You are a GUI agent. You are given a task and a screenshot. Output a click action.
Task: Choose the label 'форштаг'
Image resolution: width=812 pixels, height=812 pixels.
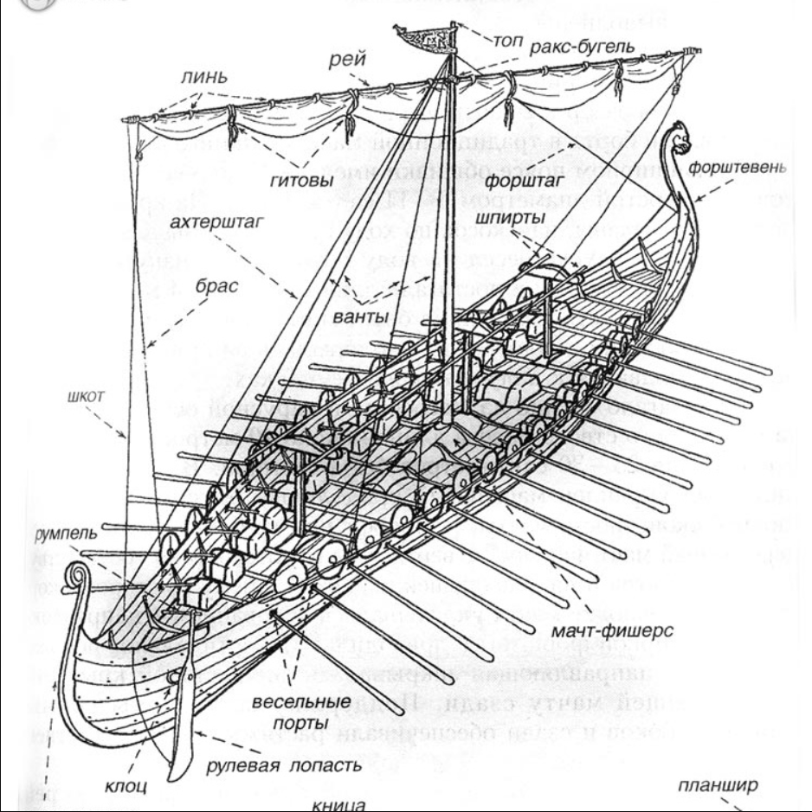pos(518,182)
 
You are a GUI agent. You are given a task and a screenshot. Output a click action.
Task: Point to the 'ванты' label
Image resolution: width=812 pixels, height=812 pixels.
pos(358,316)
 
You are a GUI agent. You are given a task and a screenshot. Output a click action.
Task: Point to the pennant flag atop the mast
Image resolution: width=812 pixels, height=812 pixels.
pos(423,35)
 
